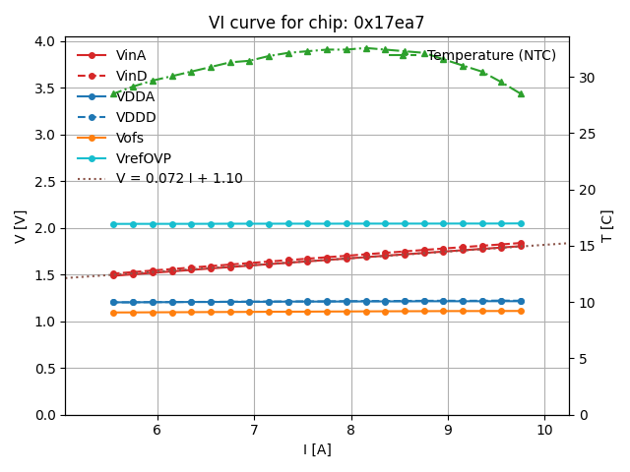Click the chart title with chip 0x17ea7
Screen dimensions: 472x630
[316, 23]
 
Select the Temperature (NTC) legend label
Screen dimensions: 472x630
[491, 56]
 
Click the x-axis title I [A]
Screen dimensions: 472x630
[316, 450]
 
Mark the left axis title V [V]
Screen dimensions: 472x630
[21, 226]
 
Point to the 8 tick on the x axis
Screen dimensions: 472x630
[351, 430]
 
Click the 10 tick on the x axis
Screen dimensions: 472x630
[544, 430]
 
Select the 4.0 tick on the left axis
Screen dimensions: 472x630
[44, 41]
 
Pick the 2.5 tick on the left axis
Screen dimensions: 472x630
[44, 182]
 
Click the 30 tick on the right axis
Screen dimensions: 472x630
[583, 78]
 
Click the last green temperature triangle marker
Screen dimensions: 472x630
[521, 93]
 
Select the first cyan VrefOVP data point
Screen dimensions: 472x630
[113, 224]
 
